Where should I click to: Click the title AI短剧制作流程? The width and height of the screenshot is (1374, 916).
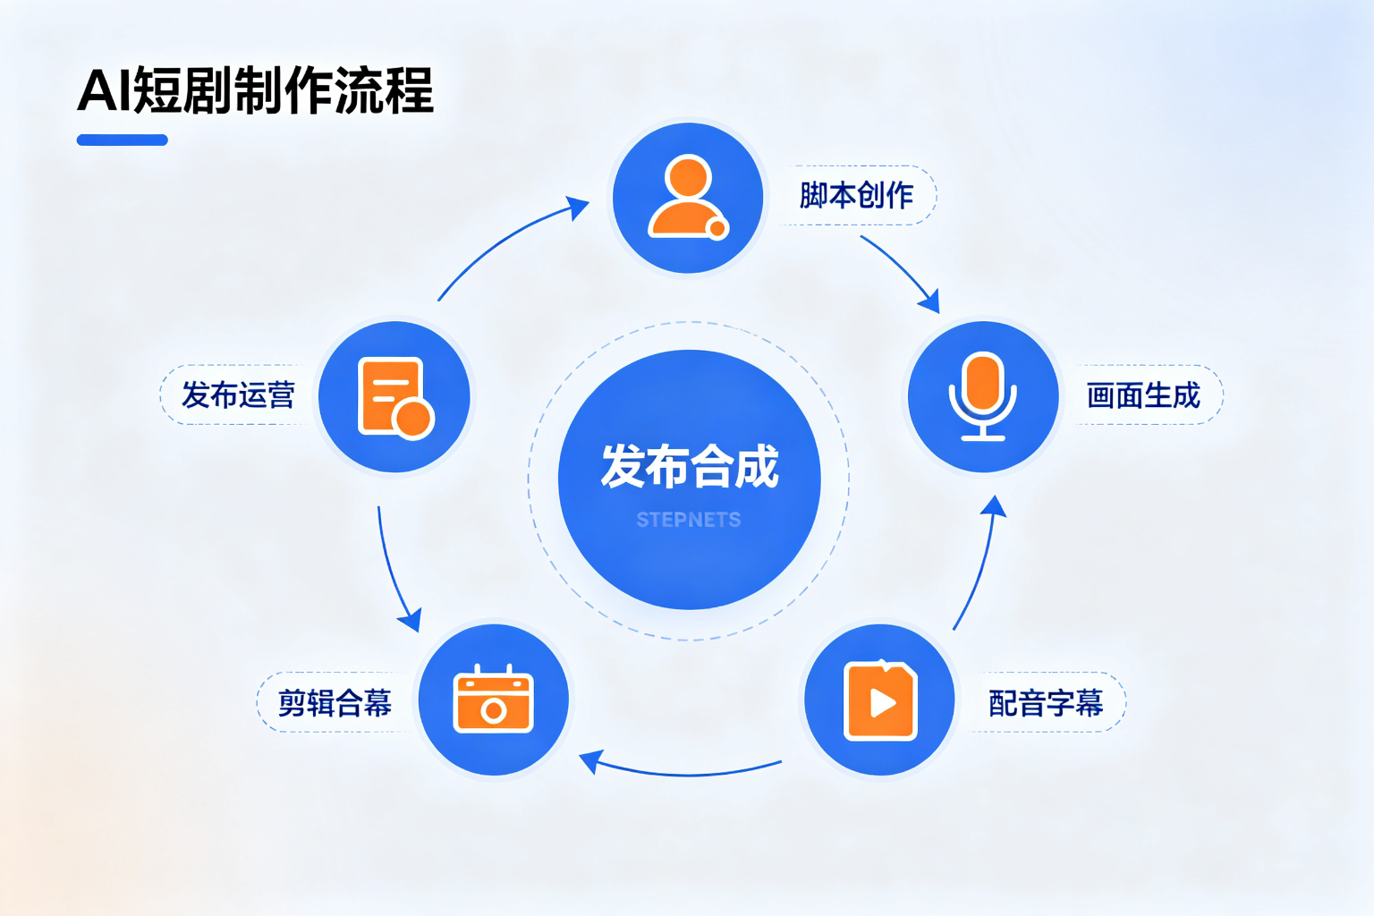[x=255, y=91]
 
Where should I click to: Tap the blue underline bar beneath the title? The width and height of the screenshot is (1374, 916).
[x=122, y=140]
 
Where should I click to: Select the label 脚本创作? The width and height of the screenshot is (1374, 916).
[x=856, y=195]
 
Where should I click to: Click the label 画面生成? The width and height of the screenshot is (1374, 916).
[x=1142, y=395]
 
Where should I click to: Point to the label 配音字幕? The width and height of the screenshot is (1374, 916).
[x=1046, y=702]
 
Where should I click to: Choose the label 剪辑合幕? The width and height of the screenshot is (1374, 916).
[x=335, y=702]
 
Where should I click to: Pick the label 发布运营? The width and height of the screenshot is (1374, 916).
[x=238, y=394]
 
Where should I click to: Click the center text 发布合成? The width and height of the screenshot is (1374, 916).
[x=690, y=466]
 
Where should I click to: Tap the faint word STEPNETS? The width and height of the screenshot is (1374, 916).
[x=689, y=520]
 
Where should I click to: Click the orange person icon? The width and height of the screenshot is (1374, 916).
[x=688, y=196]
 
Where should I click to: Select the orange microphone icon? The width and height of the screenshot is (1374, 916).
[x=983, y=396]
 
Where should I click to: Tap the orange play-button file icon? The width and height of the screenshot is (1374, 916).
[x=880, y=700]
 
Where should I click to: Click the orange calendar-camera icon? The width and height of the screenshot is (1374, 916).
[x=493, y=699]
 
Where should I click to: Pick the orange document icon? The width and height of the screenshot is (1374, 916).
[x=395, y=397]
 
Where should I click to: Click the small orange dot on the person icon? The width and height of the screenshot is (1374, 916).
[x=717, y=229]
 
